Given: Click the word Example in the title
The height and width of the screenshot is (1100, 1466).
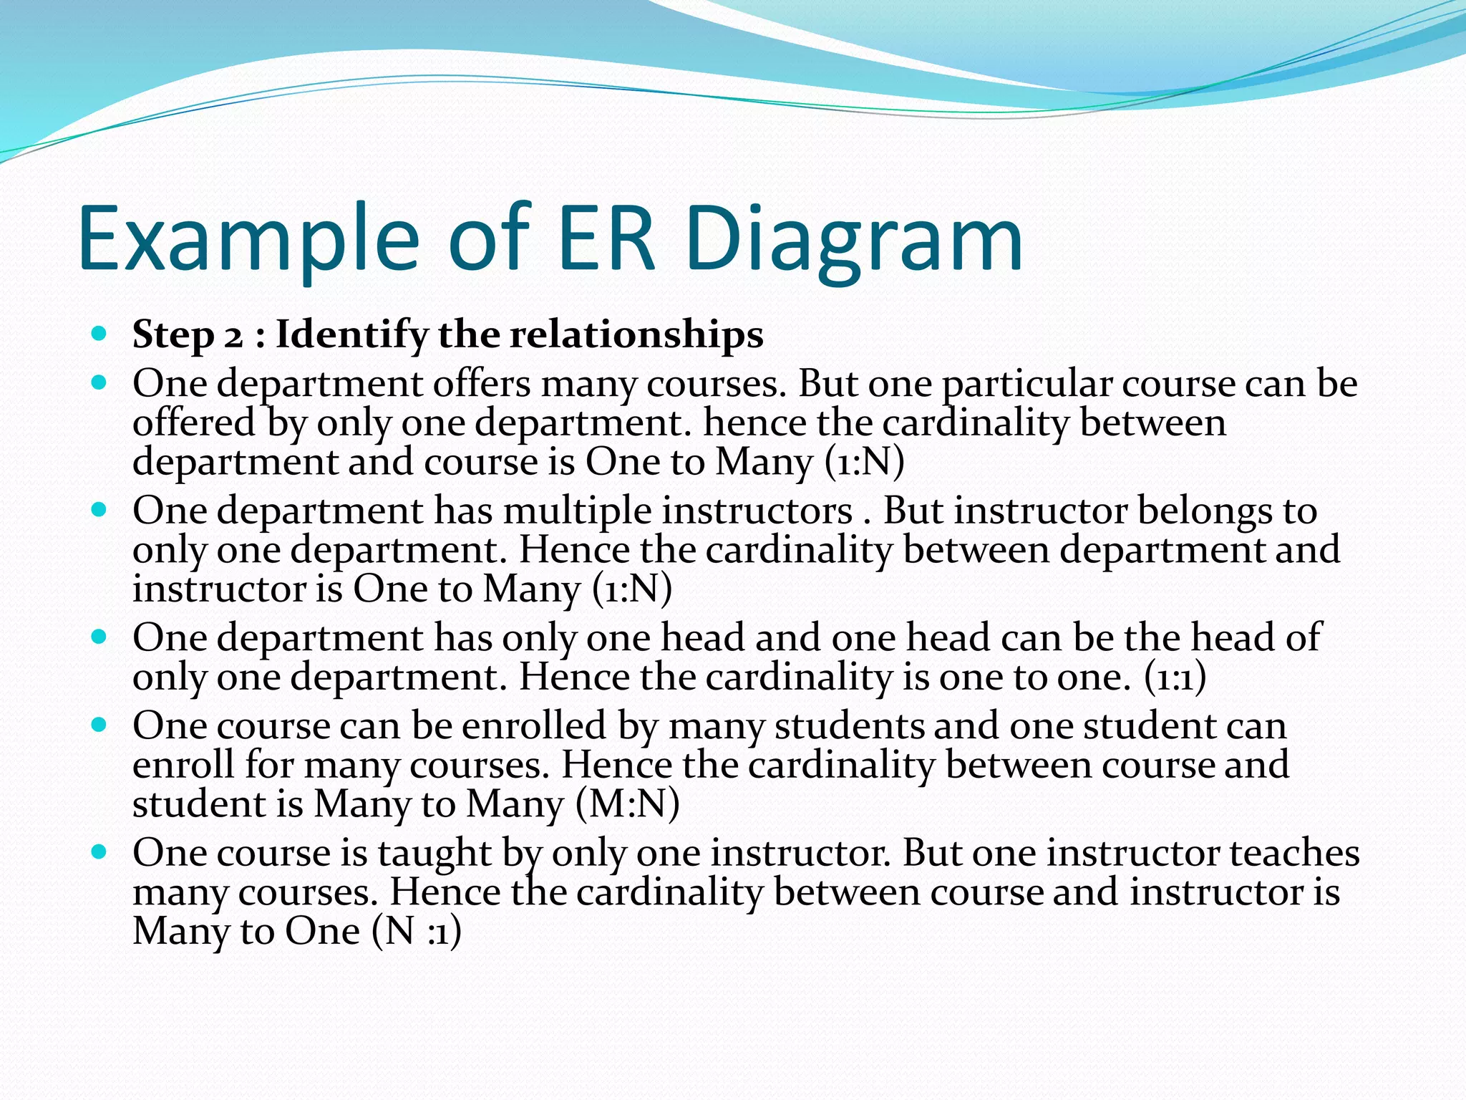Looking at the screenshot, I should pyautogui.click(x=248, y=240).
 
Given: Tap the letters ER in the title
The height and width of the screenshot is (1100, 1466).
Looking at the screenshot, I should pyautogui.click(x=606, y=240).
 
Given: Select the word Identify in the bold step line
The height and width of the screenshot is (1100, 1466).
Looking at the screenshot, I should pyautogui.click(x=352, y=334).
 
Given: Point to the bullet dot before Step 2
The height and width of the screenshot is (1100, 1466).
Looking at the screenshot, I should pyautogui.click(x=99, y=334).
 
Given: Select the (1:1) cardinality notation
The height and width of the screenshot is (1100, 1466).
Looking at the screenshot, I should pyautogui.click(x=1175, y=677).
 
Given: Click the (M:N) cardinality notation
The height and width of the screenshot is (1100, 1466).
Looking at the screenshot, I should pyautogui.click(x=627, y=804).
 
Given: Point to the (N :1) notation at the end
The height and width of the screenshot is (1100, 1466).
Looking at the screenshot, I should pyautogui.click(x=417, y=931).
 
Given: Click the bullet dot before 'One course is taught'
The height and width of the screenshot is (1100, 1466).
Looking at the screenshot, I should pyautogui.click(x=99, y=852).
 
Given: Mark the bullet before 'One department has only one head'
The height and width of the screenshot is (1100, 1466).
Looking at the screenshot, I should pyautogui.click(x=99, y=637).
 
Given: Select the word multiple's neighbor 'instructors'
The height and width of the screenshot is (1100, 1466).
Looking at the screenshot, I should pyautogui.click(x=757, y=511).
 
